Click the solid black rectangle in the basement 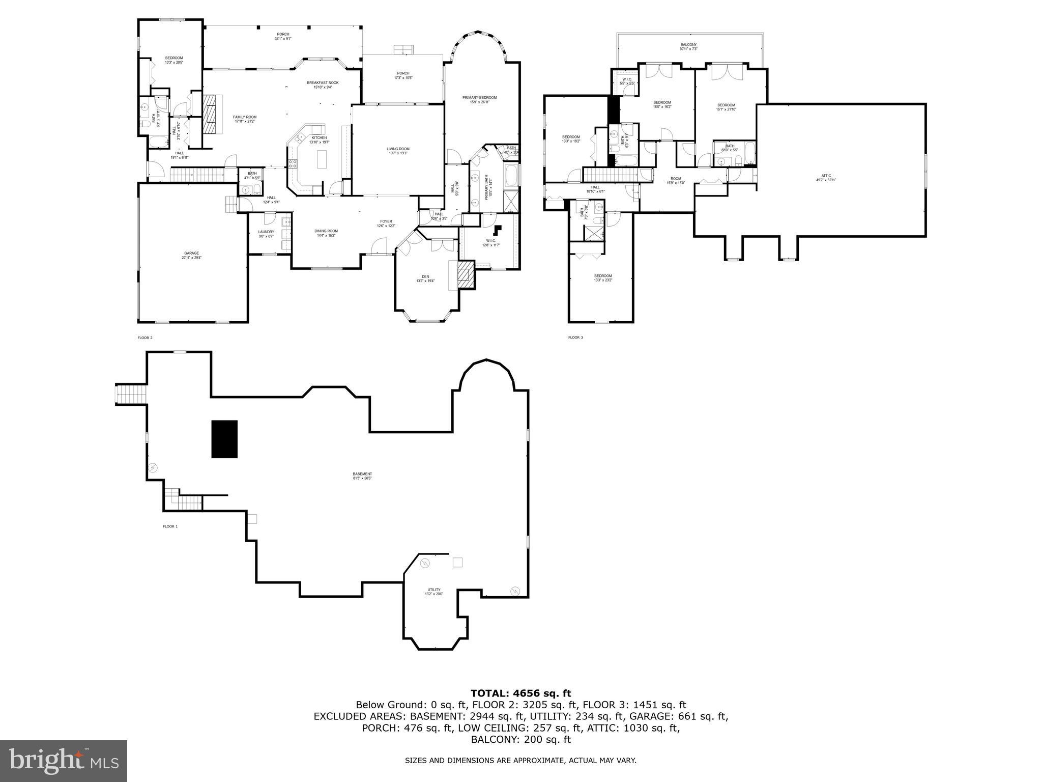224,439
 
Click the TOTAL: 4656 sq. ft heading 520,693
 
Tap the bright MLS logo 64,761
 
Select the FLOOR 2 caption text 145,338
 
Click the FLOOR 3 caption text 575,338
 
